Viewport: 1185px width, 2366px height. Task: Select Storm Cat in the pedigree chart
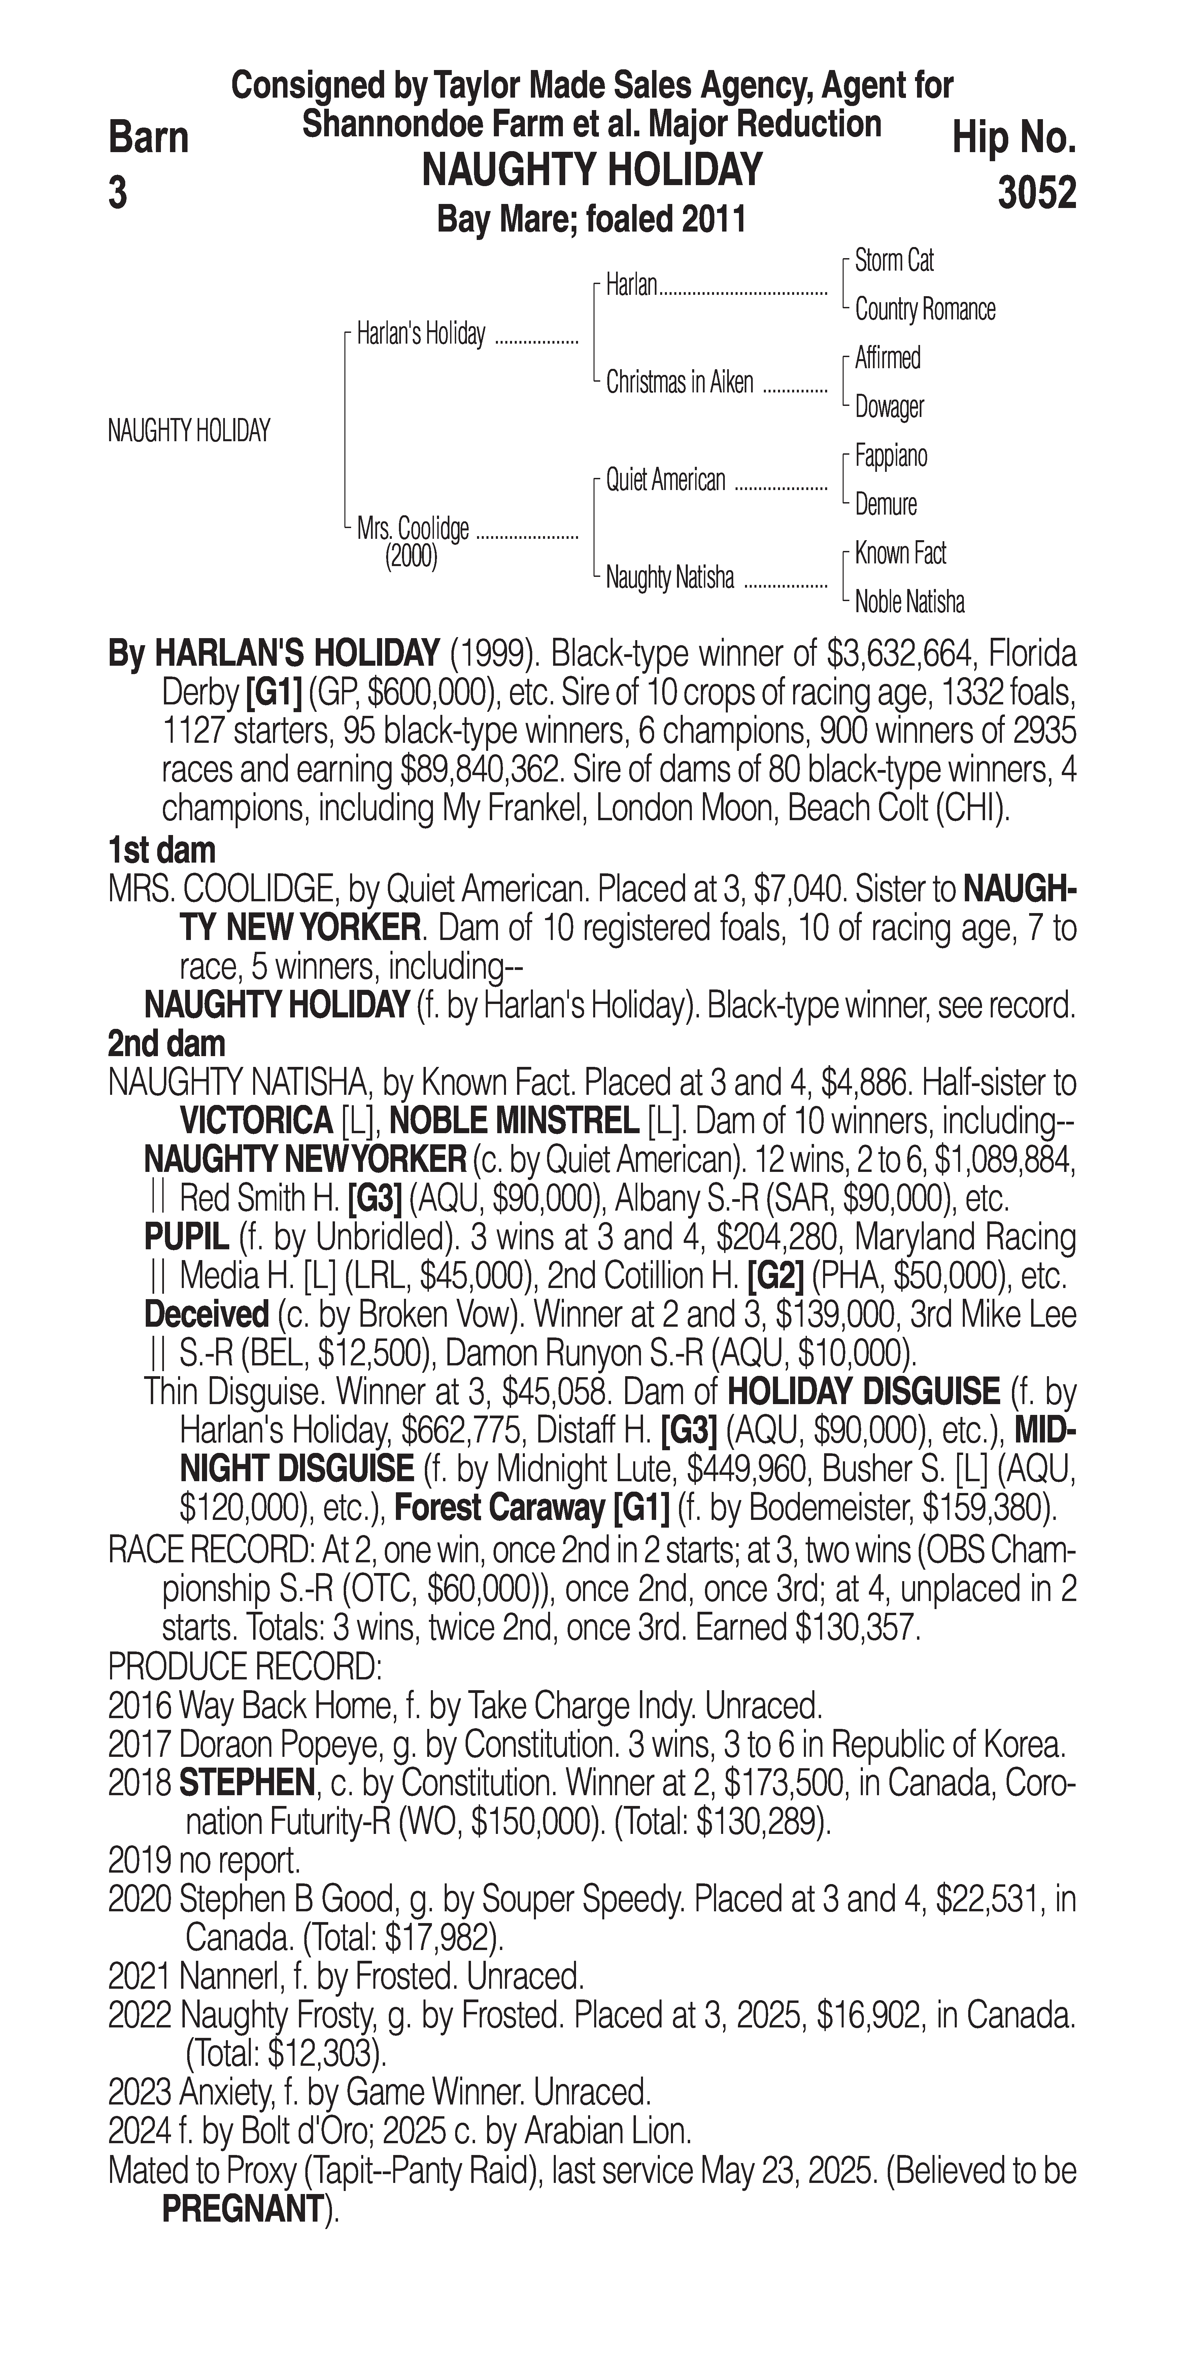pyautogui.click(x=894, y=261)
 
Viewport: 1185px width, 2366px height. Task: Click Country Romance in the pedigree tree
pyautogui.click(x=924, y=310)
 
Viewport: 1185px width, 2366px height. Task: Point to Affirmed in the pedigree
pyautogui.click(x=887, y=358)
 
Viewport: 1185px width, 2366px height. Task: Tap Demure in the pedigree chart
pyautogui.click(x=885, y=504)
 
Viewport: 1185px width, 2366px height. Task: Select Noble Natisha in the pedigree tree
pyautogui.click(x=909, y=602)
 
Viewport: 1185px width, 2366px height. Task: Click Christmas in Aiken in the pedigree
pyautogui.click(x=679, y=382)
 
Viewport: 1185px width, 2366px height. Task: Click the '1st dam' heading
pyautogui.click(x=162, y=850)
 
